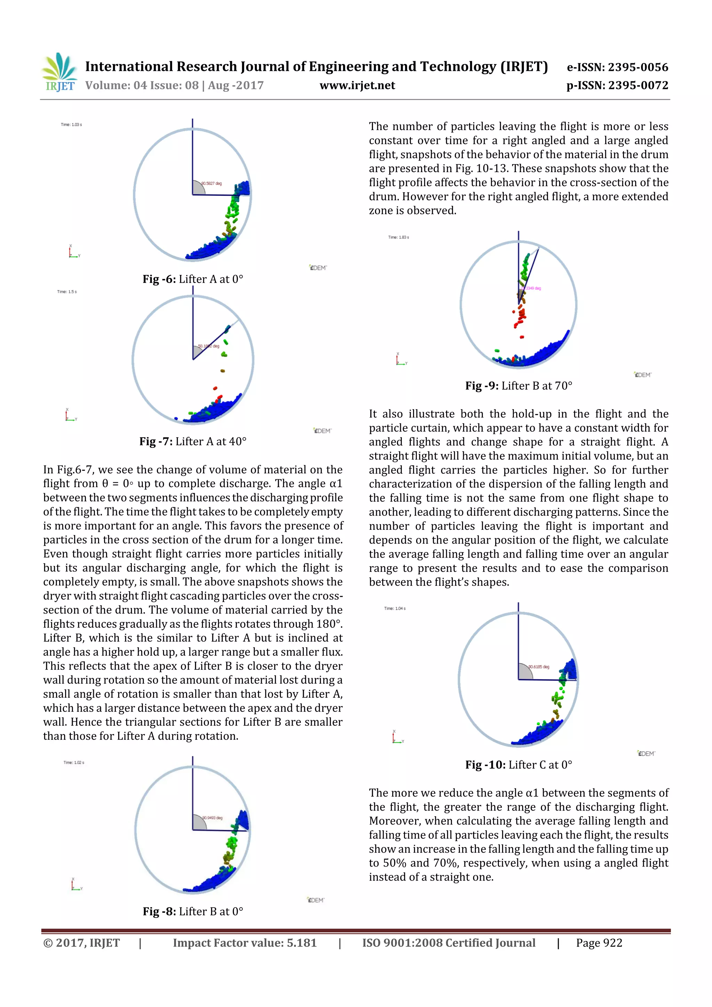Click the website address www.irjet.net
tap(357, 86)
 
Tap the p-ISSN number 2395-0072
tap(637, 86)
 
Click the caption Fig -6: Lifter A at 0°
tap(193, 279)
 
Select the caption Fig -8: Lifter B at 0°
tap(193, 911)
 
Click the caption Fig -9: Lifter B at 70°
tap(519, 386)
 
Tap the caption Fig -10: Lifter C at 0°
tap(519, 765)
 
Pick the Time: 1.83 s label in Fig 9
tap(398, 237)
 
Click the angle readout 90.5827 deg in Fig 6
tap(212, 183)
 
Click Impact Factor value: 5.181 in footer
tap(244, 943)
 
